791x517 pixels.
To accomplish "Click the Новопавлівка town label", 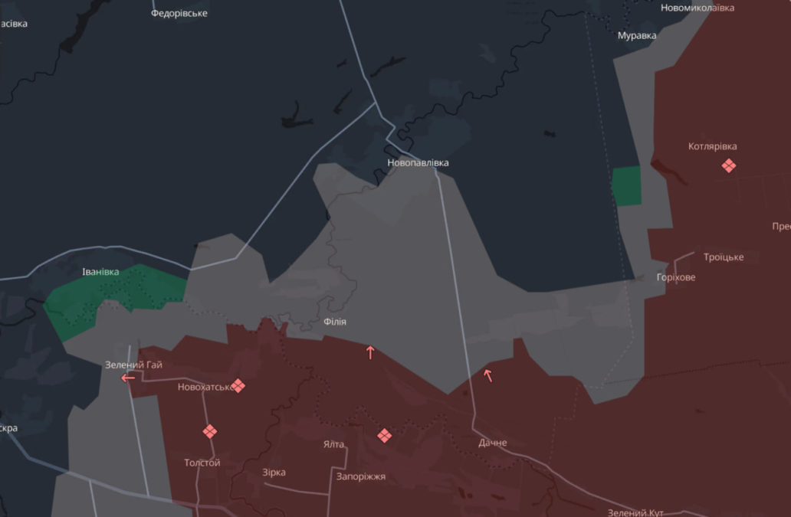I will click(x=418, y=163).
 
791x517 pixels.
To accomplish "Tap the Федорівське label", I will click(x=179, y=13).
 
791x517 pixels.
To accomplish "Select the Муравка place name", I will click(x=637, y=35).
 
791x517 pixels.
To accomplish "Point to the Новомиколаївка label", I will click(x=697, y=8).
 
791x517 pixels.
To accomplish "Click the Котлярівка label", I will click(x=713, y=146).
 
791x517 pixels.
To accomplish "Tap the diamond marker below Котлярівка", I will click(x=728, y=165).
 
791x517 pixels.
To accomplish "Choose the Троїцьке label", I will click(x=724, y=257).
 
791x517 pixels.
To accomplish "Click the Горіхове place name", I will click(x=676, y=277).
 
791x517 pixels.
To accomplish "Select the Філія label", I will click(x=334, y=322).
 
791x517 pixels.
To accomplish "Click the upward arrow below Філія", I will click(x=370, y=352).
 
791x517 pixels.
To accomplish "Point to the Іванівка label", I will click(x=100, y=272).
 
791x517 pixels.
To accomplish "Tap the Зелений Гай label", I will click(x=133, y=365).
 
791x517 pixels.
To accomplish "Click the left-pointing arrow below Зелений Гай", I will click(x=128, y=378).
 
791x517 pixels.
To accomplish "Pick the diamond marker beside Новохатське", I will click(x=238, y=385).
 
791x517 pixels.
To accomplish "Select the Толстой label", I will click(x=202, y=463).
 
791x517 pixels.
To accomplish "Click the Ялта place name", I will click(x=333, y=444).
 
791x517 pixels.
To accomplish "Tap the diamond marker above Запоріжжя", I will click(x=385, y=435).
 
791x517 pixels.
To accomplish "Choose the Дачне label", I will click(x=492, y=443).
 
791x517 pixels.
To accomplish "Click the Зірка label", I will click(x=274, y=473).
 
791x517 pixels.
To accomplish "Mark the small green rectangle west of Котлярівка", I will click(x=626, y=186).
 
